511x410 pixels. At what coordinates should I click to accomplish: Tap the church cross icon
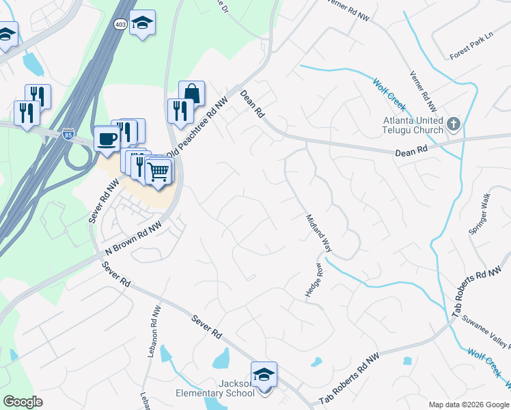[454, 124]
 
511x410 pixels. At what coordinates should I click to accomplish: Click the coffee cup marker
[107, 139]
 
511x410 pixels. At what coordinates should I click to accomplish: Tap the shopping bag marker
[192, 94]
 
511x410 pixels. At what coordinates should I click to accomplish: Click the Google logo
[23, 402]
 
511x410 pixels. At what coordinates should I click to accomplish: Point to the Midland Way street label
[318, 232]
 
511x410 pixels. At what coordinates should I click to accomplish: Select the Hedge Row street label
[312, 280]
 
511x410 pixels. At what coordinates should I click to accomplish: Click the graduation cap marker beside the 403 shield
[142, 23]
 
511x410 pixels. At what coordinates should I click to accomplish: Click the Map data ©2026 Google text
[468, 405]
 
